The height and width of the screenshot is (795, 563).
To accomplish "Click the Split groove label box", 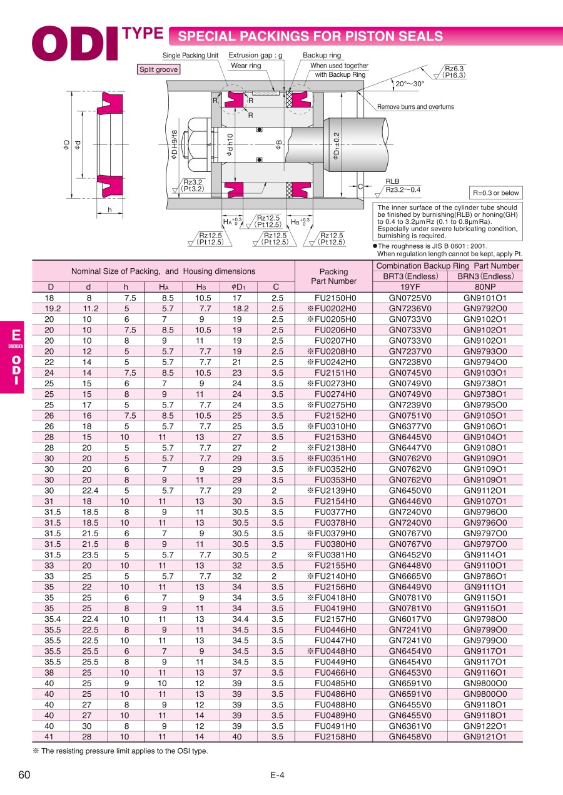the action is click(158, 69).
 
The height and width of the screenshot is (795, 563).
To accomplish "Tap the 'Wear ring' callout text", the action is click(246, 66).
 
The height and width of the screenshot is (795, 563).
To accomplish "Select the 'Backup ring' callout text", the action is click(322, 56).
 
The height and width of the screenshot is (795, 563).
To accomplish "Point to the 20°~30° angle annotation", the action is click(410, 84).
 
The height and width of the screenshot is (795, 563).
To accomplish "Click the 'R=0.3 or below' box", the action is click(496, 193).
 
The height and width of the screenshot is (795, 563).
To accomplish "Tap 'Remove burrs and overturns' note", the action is click(415, 107).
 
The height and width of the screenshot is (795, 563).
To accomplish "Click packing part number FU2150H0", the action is click(335, 298).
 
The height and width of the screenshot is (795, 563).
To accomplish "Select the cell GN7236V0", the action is click(410, 309).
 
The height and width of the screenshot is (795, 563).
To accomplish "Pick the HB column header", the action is click(201, 287).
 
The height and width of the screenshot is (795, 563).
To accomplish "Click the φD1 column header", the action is click(238, 287).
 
